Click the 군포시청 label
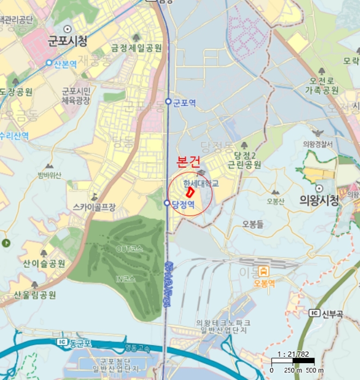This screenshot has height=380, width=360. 68,41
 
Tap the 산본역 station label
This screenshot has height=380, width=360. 67,63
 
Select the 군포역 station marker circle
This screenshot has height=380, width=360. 168,102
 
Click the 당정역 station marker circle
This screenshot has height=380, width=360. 167,203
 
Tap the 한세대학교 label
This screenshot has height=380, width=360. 200,184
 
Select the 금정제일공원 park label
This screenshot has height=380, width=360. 136,48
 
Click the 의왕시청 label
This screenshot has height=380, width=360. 319,200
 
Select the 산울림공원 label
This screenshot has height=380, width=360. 35,295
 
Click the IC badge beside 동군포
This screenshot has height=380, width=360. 61,343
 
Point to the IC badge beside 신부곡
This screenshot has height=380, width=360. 314,313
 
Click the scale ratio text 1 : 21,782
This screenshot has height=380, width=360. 294,353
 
